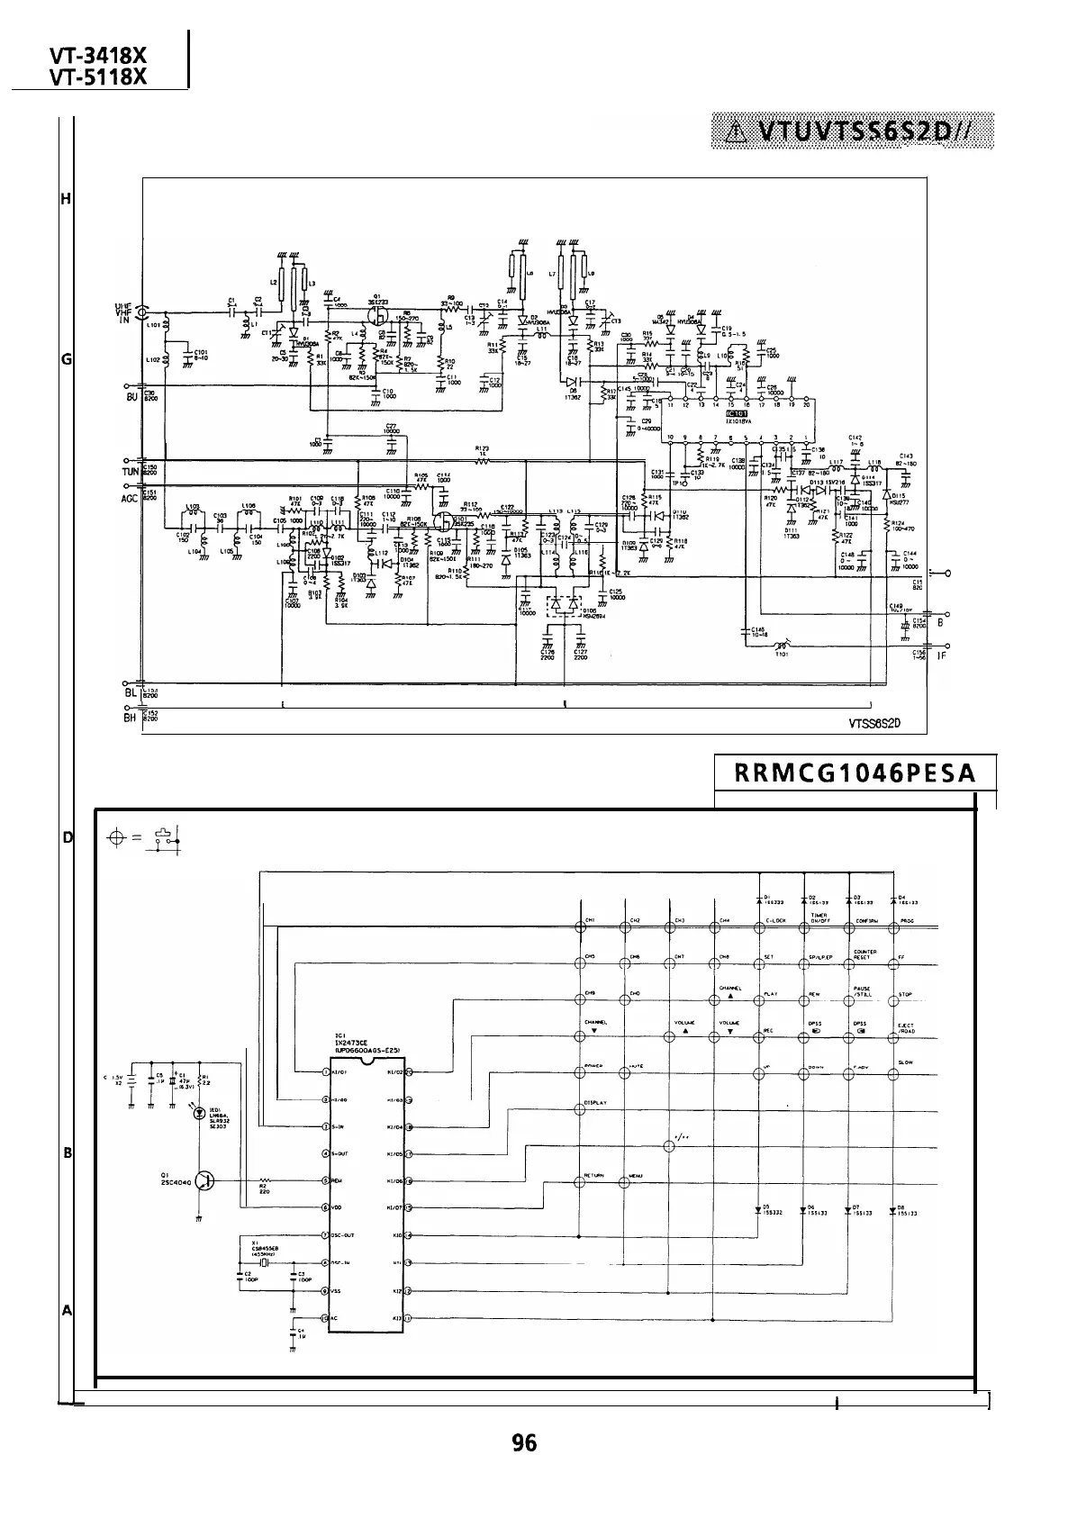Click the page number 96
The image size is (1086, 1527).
click(x=523, y=1442)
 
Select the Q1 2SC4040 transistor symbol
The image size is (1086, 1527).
click(x=205, y=1181)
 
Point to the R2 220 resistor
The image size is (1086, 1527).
click(x=265, y=1181)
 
